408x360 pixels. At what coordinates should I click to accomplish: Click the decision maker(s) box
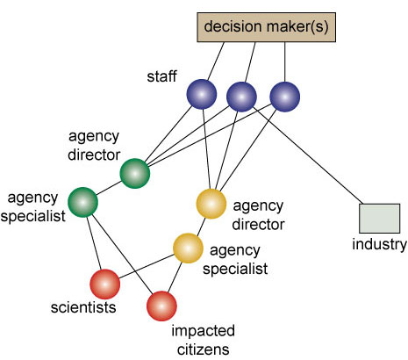point(266,27)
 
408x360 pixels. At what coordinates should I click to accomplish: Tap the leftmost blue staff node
point(202,94)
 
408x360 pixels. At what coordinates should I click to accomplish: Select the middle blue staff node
point(241,97)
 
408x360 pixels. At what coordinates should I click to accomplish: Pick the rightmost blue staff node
point(284,97)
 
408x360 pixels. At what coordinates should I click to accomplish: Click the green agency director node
point(135,173)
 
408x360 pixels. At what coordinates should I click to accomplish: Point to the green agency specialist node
point(82,202)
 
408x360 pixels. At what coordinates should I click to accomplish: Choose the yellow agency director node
point(211,204)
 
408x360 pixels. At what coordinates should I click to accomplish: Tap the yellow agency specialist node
point(188,248)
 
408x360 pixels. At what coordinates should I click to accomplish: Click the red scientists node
point(104,284)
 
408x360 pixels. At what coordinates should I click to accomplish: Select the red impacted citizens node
point(161,306)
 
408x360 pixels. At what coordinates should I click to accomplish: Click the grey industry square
point(379,219)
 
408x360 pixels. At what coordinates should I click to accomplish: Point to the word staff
point(161,76)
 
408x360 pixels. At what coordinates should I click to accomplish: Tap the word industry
point(379,245)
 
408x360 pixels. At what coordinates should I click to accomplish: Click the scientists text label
point(83,307)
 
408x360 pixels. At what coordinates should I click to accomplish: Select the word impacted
point(203,332)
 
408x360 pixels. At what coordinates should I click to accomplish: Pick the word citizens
point(203,349)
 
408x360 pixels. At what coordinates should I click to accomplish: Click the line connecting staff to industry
point(308,155)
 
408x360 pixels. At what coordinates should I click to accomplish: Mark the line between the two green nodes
point(109,188)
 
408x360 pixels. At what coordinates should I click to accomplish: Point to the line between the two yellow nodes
point(201,227)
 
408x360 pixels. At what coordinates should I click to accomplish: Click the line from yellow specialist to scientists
point(147,266)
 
